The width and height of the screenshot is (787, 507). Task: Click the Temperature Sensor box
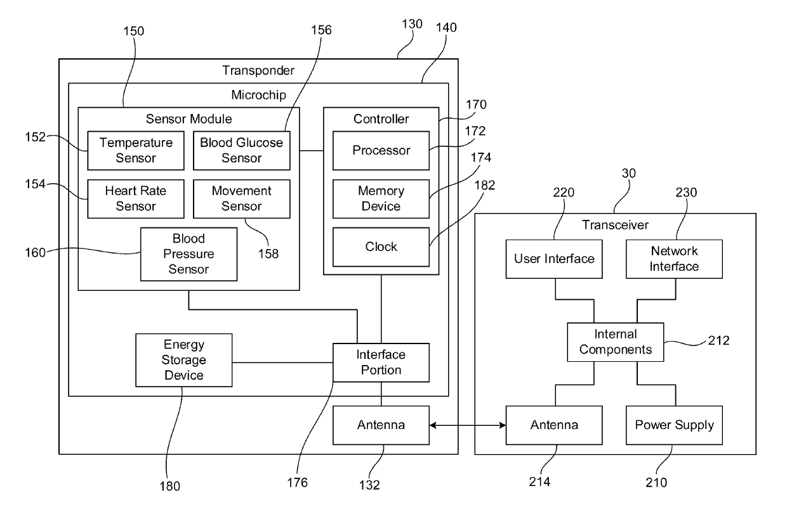135,151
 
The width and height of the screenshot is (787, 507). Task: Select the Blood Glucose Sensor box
241,151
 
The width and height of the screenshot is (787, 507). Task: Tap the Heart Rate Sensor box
135,198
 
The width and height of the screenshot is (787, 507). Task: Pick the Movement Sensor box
241,198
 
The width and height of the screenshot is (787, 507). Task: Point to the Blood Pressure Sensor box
188,254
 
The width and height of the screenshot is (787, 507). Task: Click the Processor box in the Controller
381,151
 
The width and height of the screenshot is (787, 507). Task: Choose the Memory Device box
381,198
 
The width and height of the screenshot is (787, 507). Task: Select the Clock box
381,246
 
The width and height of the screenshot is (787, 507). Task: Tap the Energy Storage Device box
184,360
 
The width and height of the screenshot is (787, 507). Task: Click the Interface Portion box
381,363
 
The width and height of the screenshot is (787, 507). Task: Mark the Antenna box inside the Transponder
381,425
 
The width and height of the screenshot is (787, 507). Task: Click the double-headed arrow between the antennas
467,425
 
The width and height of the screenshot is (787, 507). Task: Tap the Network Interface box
674,259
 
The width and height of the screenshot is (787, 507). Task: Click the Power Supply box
674,425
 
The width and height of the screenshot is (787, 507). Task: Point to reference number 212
718,340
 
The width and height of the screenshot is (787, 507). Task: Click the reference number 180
170,486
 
